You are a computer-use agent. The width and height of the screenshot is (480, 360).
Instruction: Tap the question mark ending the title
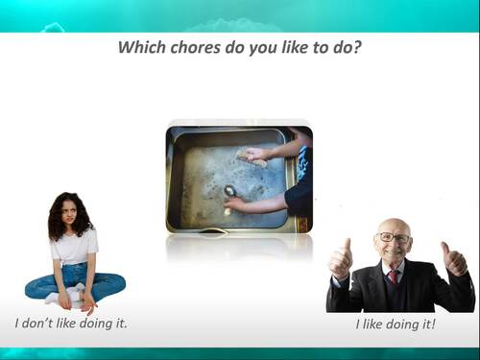tap(357, 47)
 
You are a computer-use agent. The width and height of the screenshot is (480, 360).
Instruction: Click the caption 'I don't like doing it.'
tap(71, 323)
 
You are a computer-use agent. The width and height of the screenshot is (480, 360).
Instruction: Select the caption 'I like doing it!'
tap(396, 324)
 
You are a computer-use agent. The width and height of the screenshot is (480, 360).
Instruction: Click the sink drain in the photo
tap(229, 190)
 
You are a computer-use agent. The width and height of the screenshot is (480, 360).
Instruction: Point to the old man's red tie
tap(394, 278)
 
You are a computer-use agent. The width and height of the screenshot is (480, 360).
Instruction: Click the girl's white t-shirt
tap(75, 247)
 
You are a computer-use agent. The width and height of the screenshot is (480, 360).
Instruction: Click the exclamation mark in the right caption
tap(433, 324)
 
